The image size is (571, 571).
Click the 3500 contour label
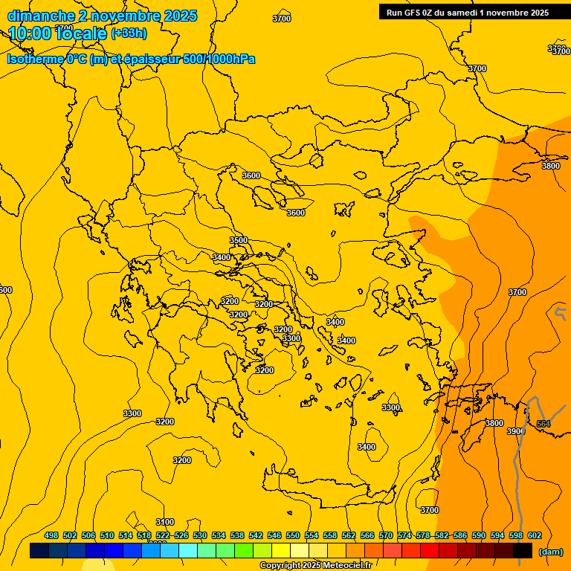tap(239, 240)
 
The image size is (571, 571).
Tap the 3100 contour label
tap(165, 522)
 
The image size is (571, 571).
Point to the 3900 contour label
tap(516, 431)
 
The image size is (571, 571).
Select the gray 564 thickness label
tap(543, 424)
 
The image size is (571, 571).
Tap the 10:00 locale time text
tap(57, 33)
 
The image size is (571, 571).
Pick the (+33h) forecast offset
tap(129, 33)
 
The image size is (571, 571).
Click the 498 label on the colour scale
tap(51, 535)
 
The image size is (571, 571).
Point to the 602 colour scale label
tap(535, 535)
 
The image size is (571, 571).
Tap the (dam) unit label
tap(550, 552)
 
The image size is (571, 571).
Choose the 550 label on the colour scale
tap(293, 535)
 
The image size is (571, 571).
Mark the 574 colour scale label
tap(404, 535)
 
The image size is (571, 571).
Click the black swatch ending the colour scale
tap(523, 551)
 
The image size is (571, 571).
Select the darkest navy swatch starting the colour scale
tap(39, 551)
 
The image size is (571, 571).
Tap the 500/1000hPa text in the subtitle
tap(219, 59)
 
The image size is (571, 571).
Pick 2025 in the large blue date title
tap(179, 16)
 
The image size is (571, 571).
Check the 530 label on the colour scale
tap(200, 535)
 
